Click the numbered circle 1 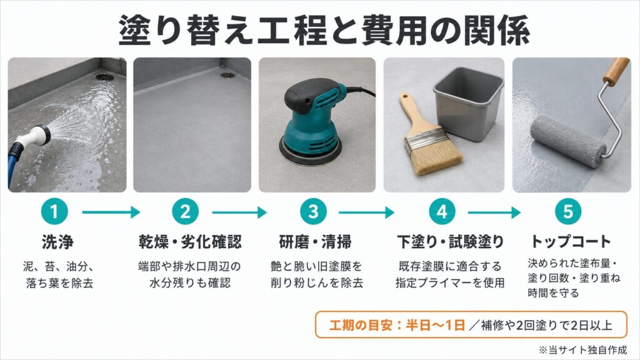[54, 211]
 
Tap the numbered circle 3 [313, 211]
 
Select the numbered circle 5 [568, 211]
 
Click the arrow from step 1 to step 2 [111, 212]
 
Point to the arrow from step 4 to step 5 [494, 212]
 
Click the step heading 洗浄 [57, 242]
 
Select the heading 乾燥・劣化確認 [190, 242]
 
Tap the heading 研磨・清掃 [315, 242]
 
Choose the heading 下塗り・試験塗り [451, 242]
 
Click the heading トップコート [571, 241]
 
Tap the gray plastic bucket [468, 104]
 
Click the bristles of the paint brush [436, 157]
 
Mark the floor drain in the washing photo [104, 76]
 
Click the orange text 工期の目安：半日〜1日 [397, 325]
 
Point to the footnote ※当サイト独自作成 [582, 350]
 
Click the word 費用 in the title [385, 30]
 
